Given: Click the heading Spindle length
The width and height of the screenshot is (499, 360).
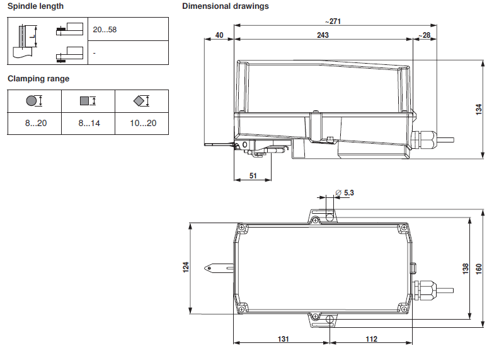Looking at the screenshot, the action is pos(35,6).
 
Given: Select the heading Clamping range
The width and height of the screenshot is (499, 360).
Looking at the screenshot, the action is pos(38,79).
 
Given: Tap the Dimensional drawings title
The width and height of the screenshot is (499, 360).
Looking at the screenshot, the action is pos(226,6).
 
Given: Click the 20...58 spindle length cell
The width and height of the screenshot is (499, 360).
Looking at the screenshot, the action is pos(105,30).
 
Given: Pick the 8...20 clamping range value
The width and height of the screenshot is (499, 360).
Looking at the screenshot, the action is pos(36,123).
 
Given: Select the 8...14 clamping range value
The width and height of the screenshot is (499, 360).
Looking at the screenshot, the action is pos(89,123).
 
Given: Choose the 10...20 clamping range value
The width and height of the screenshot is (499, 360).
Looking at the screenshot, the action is pos(143,123).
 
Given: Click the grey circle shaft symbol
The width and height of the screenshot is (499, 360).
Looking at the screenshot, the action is pos(32,101).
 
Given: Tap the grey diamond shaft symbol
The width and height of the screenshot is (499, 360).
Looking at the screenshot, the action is pos(139,101).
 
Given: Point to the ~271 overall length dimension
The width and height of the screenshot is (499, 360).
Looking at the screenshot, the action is pos(333,21).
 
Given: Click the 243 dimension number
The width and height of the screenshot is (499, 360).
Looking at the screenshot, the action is pos(323,35).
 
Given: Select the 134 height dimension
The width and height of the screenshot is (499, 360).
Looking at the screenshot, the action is pos(479,109).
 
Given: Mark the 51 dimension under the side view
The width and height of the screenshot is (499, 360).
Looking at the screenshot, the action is pos(253,176).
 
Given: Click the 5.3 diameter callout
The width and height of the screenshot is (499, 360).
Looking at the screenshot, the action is pos(345,193).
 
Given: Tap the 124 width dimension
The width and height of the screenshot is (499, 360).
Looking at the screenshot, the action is pos(186,267).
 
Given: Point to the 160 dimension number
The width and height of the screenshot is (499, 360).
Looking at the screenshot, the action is pos(479,269).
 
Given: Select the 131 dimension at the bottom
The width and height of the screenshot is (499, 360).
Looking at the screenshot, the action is pos(284,339).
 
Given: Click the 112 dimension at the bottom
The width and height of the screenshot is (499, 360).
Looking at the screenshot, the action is pos(371,339).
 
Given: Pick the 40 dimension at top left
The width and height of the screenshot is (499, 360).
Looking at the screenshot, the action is pos(219,35).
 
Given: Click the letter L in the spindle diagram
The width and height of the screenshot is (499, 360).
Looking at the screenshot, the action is pos(33,37).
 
